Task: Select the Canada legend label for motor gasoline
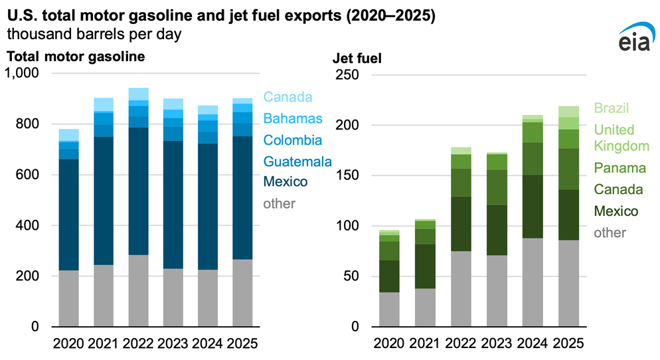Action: pos(288,97)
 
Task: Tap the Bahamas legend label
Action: pos(293,119)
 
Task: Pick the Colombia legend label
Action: pos(293,140)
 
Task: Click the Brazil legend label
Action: pos(612,108)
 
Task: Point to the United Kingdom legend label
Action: pos(614,137)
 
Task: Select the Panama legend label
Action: pos(615,167)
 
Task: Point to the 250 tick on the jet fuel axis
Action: pos(351,75)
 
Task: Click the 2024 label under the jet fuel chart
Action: pos(533,344)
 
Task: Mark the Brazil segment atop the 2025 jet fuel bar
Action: pos(568,112)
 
